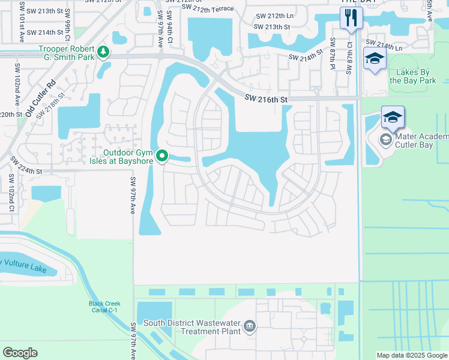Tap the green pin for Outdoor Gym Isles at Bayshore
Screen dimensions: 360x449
(x=162, y=156)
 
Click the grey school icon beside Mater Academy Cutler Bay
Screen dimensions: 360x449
(x=385, y=140)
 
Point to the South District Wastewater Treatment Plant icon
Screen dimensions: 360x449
(x=250, y=327)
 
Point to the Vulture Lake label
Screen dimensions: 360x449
(x=27, y=262)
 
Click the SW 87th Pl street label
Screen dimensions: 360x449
(x=331, y=54)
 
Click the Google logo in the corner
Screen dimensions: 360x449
(x=20, y=353)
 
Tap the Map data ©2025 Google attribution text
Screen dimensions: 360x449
(x=412, y=355)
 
